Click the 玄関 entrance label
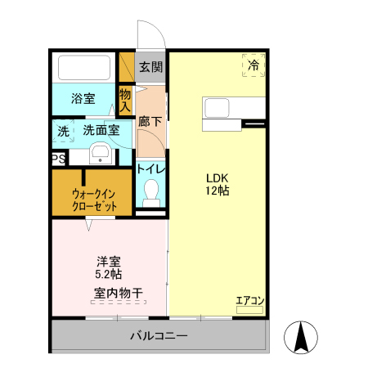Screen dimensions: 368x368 tap(150, 67)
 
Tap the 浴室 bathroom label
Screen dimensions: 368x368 tap(83, 99)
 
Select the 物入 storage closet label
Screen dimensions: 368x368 tap(125, 100)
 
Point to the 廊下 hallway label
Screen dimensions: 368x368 tap(150, 120)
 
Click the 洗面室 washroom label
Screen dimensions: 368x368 tap(101, 129)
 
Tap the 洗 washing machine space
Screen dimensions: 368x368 tap(63, 130)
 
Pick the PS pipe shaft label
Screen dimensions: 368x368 tap(58, 159)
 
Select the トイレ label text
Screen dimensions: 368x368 tap(150, 168)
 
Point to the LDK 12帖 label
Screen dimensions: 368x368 tap(217, 184)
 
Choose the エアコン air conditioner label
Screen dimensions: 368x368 tap(249, 300)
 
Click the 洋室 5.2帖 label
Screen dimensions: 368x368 tap(109, 268)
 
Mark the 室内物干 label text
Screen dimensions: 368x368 tap(119, 293)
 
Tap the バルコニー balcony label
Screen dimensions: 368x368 tap(159, 336)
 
